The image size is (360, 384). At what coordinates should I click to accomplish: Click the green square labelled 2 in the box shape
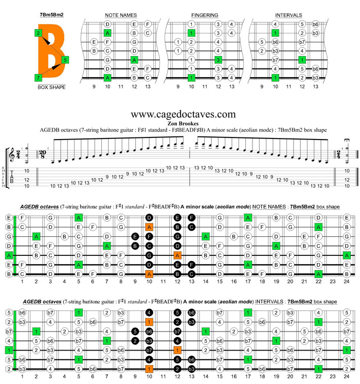(39, 33)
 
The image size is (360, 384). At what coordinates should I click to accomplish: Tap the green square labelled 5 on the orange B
(64, 60)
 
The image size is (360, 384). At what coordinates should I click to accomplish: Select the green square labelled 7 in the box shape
(39, 77)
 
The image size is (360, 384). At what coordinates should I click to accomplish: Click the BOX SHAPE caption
(51, 87)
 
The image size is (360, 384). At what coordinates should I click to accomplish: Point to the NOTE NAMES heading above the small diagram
(120, 15)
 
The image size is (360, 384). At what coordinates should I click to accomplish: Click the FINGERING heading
(204, 15)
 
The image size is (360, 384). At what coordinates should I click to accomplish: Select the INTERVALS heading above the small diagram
(289, 15)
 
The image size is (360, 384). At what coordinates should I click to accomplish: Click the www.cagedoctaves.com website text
(184, 114)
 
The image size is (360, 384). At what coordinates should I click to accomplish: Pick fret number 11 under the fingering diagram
(205, 87)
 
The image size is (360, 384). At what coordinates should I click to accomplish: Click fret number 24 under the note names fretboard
(347, 282)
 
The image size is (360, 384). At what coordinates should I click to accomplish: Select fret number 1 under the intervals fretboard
(22, 376)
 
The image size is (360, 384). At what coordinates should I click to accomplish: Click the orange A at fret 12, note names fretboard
(177, 255)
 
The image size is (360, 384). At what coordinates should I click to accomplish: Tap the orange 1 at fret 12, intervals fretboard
(177, 350)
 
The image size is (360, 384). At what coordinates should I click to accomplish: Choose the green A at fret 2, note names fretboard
(37, 236)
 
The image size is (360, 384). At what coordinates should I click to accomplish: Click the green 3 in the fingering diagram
(218, 60)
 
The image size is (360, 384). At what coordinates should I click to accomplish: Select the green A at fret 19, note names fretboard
(276, 246)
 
